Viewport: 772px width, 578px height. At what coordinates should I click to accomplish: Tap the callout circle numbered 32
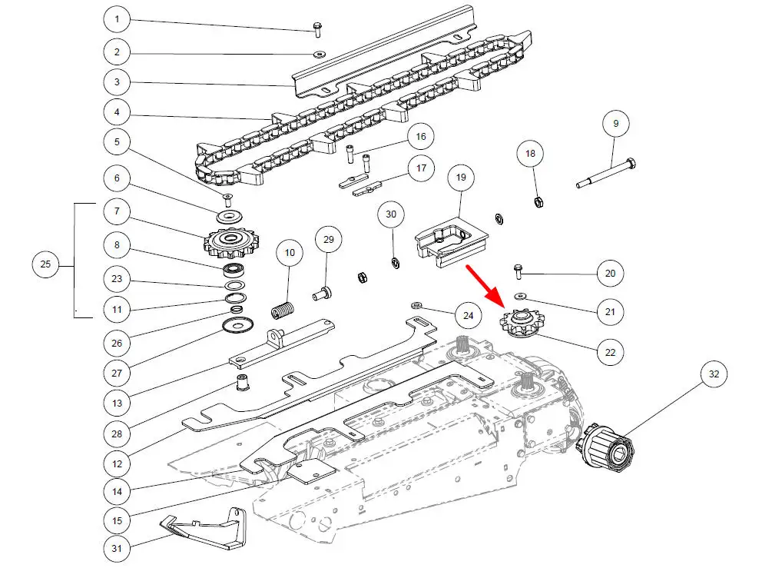(x=714, y=375)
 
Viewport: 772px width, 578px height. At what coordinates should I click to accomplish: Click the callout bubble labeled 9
(x=615, y=123)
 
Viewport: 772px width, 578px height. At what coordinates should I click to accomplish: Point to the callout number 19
(x=460, y=178)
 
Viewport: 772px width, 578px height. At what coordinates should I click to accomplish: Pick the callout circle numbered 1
(x=117, y=18)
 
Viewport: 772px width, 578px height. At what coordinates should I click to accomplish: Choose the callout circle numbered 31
(x=117, y=549)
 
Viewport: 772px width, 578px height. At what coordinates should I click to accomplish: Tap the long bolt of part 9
(x=606, y=173)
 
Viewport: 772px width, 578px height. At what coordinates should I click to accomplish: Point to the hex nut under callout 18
(x=538, y=202)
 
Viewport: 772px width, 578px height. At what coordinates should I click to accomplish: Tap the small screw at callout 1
(x=316, y=29)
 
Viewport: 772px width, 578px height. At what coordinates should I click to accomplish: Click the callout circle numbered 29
(x=329, y=240)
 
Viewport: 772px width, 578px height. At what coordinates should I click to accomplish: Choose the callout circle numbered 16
(x=420, y=137)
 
